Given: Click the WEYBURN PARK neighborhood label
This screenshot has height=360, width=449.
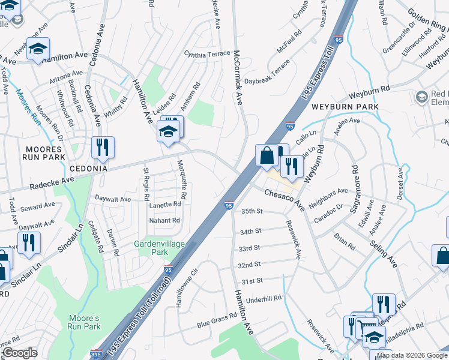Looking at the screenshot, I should pos(345,106).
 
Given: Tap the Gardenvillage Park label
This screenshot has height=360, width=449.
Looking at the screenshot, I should pos(159,248).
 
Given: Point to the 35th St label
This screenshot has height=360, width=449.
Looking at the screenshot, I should pos(252,211).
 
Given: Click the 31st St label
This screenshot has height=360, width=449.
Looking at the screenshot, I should pos(252,281).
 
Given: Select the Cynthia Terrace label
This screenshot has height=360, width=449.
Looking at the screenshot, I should pos(207,54).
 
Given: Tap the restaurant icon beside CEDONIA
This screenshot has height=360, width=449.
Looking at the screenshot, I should pos(103,148).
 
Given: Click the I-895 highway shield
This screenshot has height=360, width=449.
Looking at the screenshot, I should pos(95,354).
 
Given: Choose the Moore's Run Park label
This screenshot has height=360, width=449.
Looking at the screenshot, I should pos(83,322).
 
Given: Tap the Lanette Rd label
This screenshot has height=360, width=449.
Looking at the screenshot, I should pos(165,204).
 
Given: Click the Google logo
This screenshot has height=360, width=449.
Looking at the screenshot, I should pos(20,353).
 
